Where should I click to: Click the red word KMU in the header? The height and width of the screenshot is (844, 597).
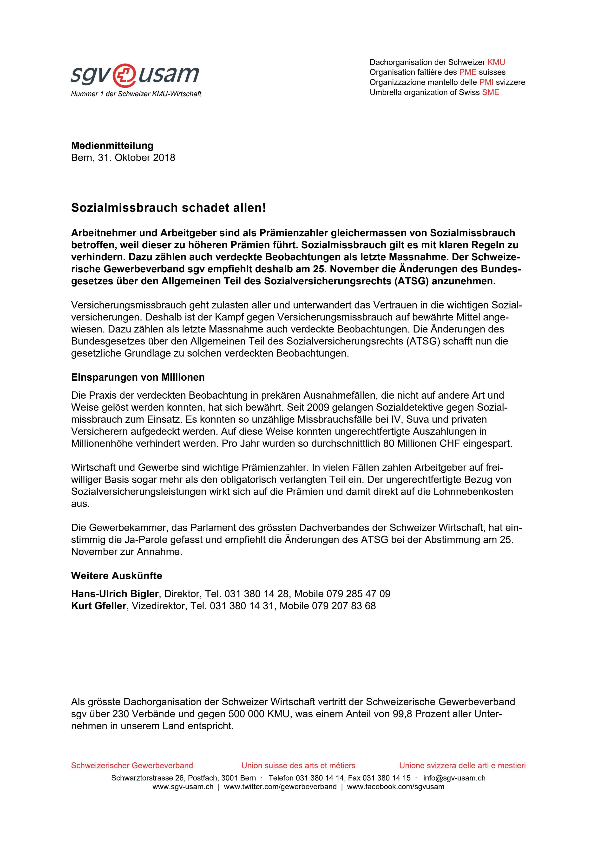pyautogui.click(x=496, y=63)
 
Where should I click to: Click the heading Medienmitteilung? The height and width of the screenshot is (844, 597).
pyautogui.click(x=112, y=146)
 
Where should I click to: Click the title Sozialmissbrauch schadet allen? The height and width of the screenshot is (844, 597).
pyautogui.click(x=168, y=208)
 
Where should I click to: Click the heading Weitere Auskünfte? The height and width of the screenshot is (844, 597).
pyautogui.click(x=117, y=576)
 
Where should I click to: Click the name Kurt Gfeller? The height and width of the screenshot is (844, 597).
pyautogui.click(x=98, y=606)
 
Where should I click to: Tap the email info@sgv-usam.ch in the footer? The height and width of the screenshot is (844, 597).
pyautogui.click(x=454, y=778)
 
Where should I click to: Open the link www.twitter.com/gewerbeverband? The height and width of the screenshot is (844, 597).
pyautogui.click(x=280, y=787)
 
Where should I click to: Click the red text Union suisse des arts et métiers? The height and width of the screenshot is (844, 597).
pyautogui.click(x=298, y=765)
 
